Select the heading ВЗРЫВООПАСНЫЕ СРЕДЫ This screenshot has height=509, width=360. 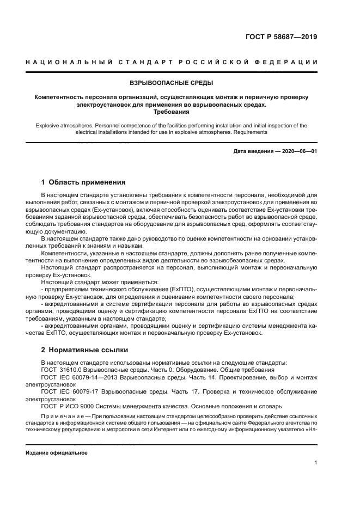click(x=171, y=83)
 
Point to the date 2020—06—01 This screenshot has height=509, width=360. click(x=298, y=151)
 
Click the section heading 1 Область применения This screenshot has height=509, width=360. click(x=83, y=182)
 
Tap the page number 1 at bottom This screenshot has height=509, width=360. click(x=315, y=463)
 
